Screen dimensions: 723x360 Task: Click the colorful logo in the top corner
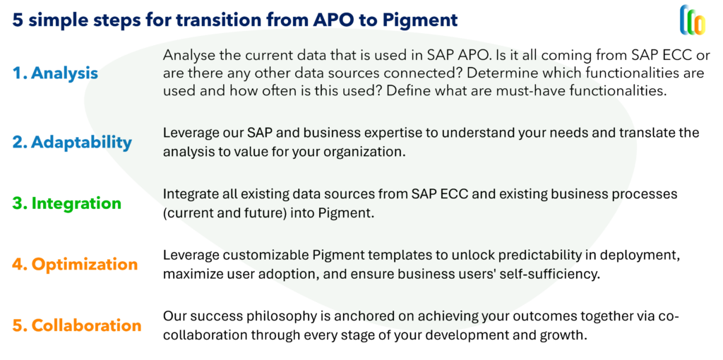(x=693, y=20)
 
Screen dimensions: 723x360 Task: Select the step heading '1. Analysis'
(x=55, y=73)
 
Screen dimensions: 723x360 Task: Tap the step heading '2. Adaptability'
(x=72, y=143)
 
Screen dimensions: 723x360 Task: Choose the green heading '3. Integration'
(x=66, y=203)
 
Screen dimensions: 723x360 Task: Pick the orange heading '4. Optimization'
(x=75, y=264)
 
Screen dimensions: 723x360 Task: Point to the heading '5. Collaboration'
(x=76, y=325)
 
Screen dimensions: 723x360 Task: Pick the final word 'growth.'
(x=565, y=335)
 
